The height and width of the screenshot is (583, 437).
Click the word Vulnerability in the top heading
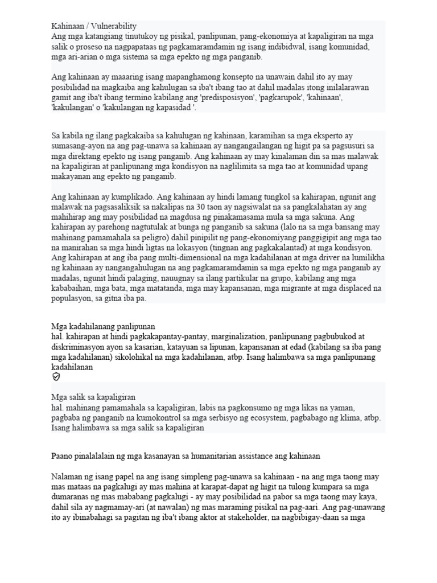(114, 26)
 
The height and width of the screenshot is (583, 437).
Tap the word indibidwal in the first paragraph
(287, 47)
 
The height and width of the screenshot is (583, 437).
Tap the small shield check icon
(56, 377)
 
